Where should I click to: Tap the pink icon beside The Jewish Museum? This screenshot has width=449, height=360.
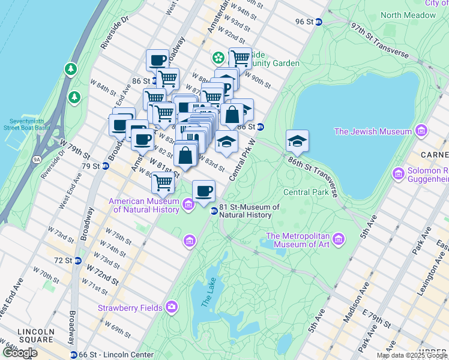click(422, 131)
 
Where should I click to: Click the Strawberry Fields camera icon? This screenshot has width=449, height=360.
click(172, 307)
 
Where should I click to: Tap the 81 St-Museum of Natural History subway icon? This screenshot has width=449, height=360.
click(213, 211)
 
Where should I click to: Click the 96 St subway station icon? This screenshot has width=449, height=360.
click(319, 22)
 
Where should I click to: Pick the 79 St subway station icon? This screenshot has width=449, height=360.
click(105, 166)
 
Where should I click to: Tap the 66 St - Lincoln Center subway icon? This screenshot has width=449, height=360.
click(73, 355)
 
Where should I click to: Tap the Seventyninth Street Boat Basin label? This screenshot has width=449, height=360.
click(26, 124)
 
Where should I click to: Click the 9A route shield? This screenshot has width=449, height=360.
click(37, 160)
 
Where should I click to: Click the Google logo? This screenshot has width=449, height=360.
click(19, 353)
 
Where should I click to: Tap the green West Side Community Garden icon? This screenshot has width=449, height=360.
click(217, 58)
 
